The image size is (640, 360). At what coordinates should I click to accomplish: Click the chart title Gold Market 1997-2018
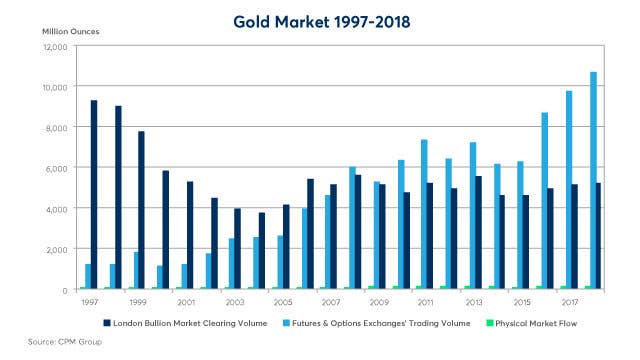click(x=320, y=20)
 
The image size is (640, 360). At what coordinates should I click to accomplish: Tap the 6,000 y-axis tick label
click(x=52, y=168)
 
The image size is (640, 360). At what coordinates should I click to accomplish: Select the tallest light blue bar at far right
click(x=593, y=180)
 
